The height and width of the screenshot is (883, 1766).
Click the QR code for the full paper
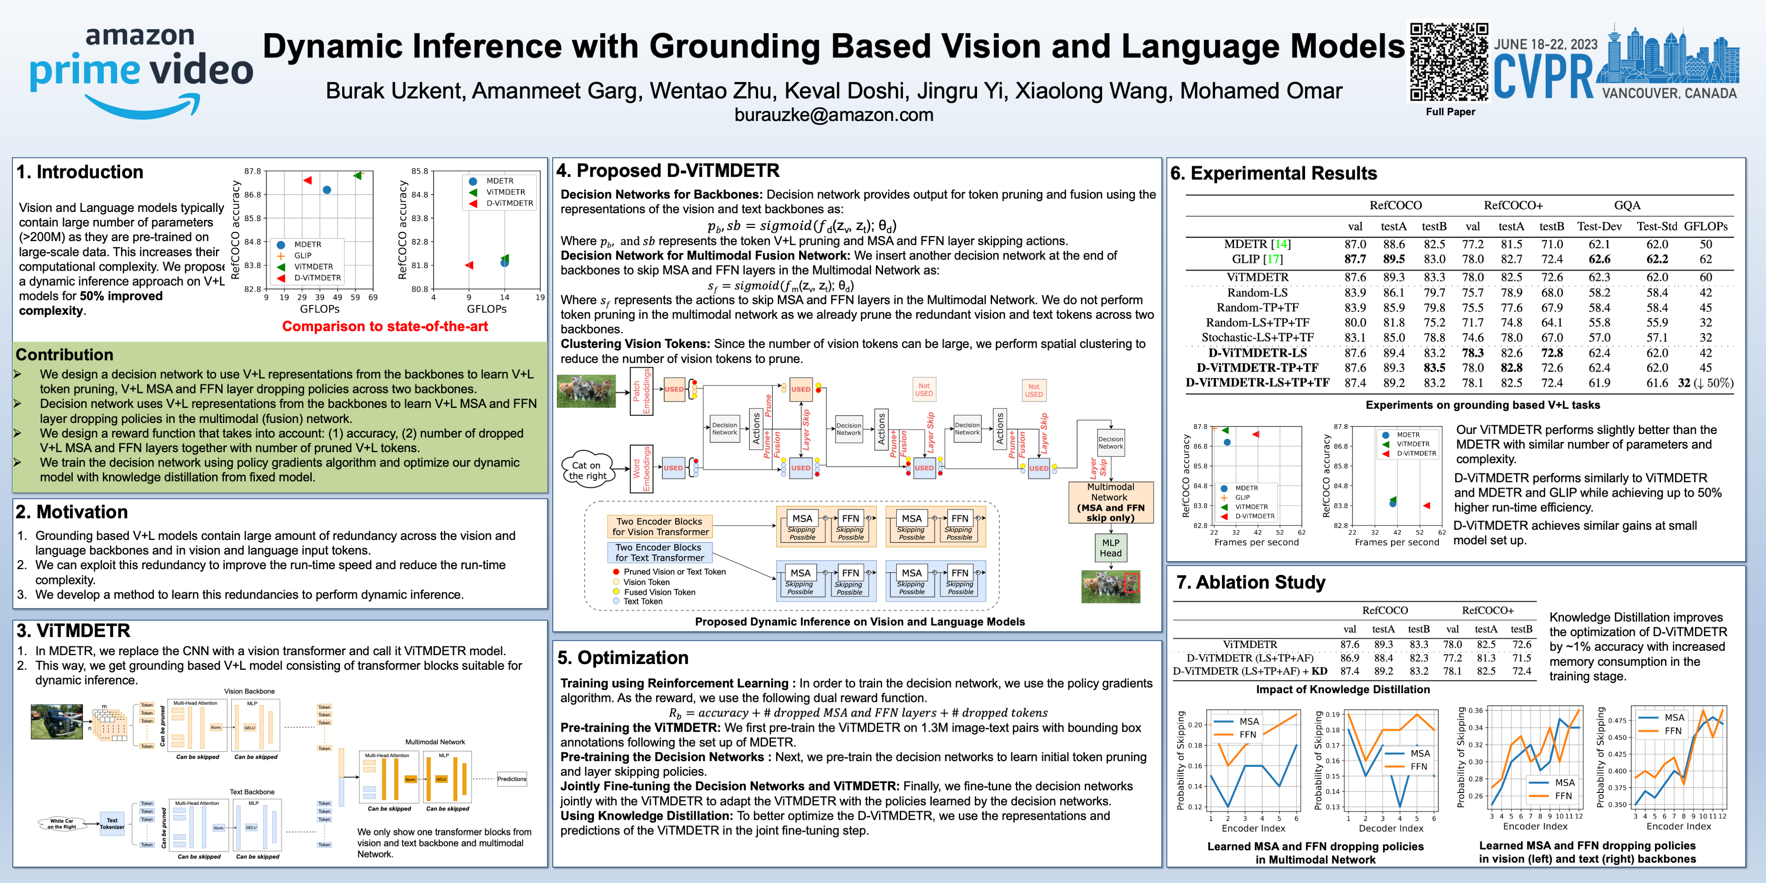click(x=1449, y=62)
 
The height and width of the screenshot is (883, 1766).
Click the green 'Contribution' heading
click(x=64, y=355)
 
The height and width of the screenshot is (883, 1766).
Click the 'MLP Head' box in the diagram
click(x=1111, y=548)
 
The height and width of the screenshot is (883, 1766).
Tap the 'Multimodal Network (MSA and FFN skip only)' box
click(x=1111, y=502)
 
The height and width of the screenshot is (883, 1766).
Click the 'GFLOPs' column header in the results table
click(x=1706, y=226)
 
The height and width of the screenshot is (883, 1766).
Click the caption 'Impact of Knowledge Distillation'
click(x=1342, y=689)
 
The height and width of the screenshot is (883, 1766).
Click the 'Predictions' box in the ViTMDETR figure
click(x=511, y=779)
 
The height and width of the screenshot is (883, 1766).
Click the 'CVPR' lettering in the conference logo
click(x=1544, y=77)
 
